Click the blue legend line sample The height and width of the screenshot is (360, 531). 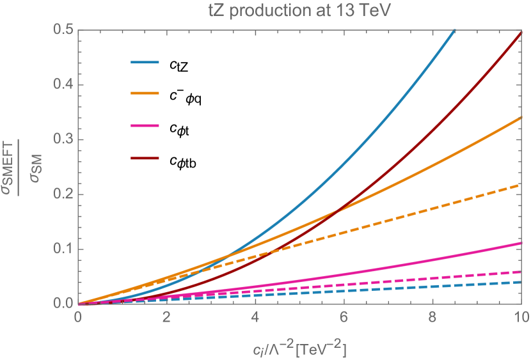[144, 63]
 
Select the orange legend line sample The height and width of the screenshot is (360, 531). [144, 93]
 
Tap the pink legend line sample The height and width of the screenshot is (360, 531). [144, 125]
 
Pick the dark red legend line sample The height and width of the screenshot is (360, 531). [144, 157]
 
